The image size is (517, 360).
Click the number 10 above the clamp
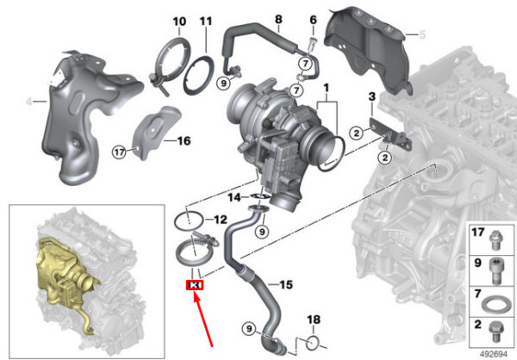coord(179,22)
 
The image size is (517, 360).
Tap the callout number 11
coord(206,22)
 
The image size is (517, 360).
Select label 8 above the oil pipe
coord(278,19)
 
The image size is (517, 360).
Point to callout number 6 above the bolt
coord(314,20)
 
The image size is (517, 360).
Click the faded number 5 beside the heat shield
coord(422,34)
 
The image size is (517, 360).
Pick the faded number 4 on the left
coord(29,102)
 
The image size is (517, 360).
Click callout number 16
coord(184,140)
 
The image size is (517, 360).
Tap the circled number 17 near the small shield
coord(120,152)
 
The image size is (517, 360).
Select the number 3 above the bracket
coord(372,96)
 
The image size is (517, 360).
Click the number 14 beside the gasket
coord(234,198)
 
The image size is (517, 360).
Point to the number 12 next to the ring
coord(221,220)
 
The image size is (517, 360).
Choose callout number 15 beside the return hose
coord(286,284)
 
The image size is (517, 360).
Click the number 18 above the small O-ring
coord(314,320)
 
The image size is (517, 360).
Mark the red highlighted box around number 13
coord(195,285)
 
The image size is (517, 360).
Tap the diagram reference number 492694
coord(493,354)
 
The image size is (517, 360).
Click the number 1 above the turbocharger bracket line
coord(326,88)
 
